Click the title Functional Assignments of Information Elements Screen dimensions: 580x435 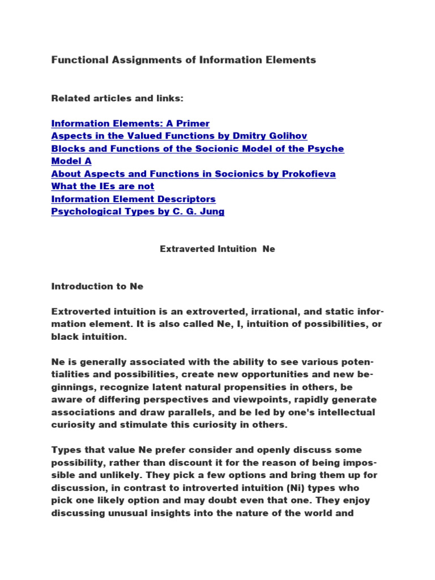[x=184, y=60]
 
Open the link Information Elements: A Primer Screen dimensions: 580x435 [x=130, y=123]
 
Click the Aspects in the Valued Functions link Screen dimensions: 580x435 [x=180, y=136]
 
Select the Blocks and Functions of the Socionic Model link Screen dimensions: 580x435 [x=197, y=148]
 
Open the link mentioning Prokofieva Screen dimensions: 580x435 [x=193, y=174]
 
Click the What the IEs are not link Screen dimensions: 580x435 [x=103, y=186]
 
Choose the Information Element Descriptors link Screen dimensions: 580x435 [x=133, y=199]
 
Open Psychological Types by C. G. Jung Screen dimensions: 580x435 [x=138, y=211]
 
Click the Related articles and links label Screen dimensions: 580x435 [x=117, y=99]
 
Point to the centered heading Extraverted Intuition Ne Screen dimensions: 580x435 [x=217, y=249]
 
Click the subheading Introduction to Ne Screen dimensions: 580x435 [x=97, y=287]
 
